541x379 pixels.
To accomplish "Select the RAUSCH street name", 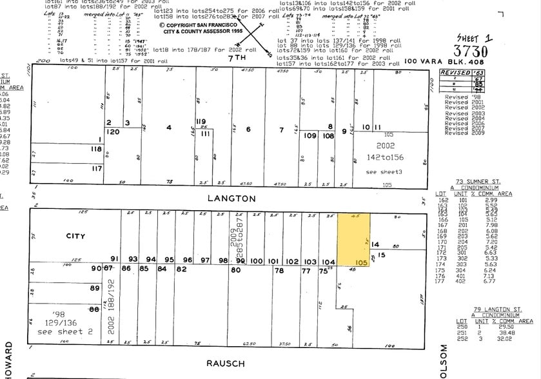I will point(225,363).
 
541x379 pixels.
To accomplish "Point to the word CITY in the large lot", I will point(75,236).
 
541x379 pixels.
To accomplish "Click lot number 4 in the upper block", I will point(169,128).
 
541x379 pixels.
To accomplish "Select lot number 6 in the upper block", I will point(248,130).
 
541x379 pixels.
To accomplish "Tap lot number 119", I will point(201,121).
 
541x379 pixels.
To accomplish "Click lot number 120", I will point(113,131).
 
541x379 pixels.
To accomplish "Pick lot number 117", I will point(96,169).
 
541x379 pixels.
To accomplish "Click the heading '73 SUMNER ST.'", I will point(478,182).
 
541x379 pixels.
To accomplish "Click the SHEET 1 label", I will point(475,38).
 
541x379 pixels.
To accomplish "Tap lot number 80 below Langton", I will point(235,271).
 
